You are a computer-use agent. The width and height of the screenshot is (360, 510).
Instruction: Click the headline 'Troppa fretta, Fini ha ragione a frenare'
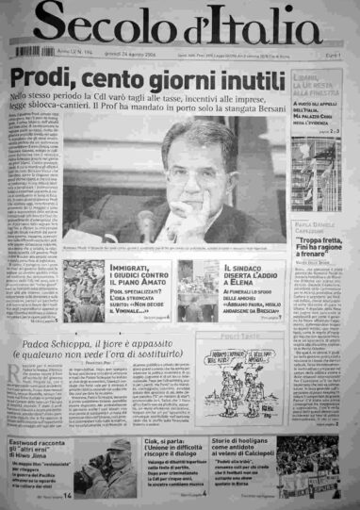click(x=318, y=232)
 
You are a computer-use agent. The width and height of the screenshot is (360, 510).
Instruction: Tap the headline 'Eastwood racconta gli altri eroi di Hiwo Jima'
click(x=52, y=450)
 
